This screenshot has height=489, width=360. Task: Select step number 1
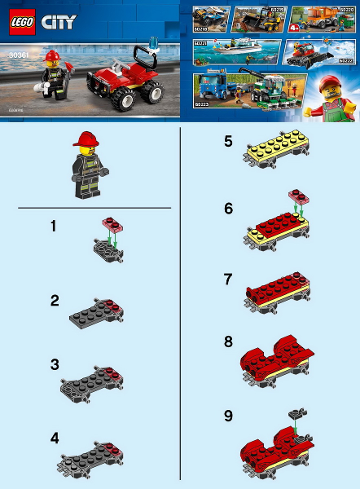click(x=53, y=227)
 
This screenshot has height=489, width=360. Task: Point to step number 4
click(x=54, y=438)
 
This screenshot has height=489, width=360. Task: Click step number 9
click(x=228, y=416)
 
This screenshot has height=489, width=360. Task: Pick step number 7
click(x=228, y=279)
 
